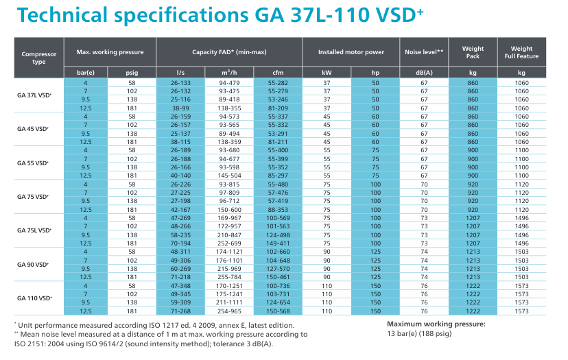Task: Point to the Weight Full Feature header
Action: [522, 52]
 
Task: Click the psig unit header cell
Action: [132, 72]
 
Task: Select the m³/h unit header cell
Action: [229, 72]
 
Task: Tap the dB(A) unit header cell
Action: [425, 72]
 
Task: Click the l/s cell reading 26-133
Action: [180, 82]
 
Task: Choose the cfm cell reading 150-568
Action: [278, 311]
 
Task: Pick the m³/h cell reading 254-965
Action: [229, 311]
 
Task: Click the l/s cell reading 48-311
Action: [180, 252]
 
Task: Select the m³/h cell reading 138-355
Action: [229, 108]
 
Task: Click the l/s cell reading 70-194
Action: [180, 243]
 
